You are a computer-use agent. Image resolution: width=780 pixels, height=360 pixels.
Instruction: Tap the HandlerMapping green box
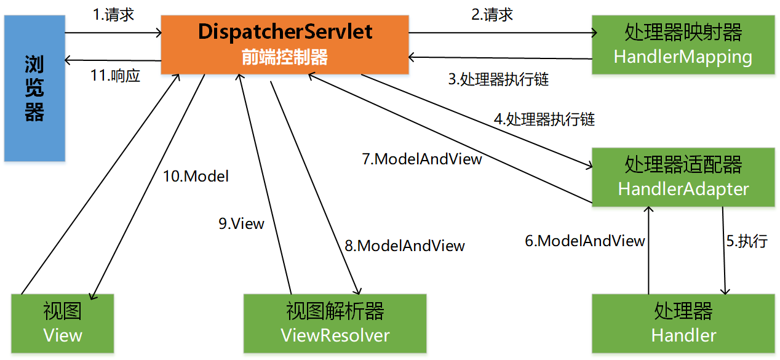[x=683, y=45]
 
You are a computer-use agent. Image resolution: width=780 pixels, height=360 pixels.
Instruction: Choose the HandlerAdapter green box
[x=683, y=177]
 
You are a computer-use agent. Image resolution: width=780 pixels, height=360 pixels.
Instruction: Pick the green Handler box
[x=683, y=323]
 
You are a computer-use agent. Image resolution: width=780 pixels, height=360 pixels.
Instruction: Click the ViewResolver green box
[x=335, y=323]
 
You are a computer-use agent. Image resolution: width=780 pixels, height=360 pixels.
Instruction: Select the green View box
[x=63, y=323]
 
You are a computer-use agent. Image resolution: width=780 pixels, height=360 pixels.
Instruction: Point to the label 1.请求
[x=113, y=15]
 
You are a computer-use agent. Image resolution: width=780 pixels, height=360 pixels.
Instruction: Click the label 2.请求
[x=492, y=14]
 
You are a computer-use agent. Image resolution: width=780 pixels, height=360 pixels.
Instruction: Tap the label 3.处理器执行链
[x=498, y=79]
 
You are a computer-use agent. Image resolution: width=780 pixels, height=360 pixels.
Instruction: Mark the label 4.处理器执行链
[x=544, y=119]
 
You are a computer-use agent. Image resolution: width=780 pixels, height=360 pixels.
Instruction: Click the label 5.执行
[x=747, y=241]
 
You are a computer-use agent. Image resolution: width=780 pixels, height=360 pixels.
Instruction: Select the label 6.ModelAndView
[x=584, y=241]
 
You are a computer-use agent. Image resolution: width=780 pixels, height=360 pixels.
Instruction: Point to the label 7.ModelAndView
[x=422, y=159]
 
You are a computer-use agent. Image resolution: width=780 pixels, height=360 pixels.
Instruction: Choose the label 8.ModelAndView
[x=404, y=246]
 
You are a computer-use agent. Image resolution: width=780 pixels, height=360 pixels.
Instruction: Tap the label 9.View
[x=241, y=223]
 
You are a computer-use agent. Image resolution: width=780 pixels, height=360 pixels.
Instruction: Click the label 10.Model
[x=196, y=177]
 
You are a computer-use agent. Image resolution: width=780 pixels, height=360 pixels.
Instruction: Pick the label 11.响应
[x=116, y=76]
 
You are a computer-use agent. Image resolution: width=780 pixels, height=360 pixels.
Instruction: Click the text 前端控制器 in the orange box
[x=284, y=57]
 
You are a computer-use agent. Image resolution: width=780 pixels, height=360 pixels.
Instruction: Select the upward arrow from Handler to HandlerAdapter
[x=648, y=249]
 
